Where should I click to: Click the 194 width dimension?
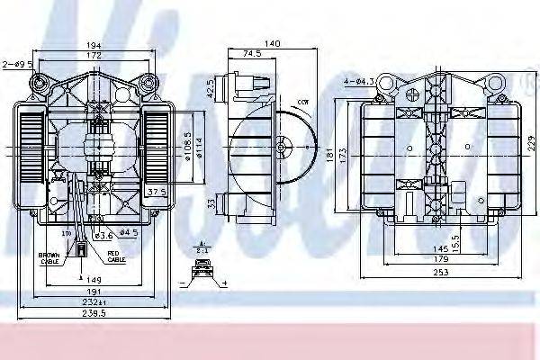pyautogui.click(x=92, y=45)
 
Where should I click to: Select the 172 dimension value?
pyautogui.click(x=92, y=56)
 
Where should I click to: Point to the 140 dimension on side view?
pyautogui.click(x=270, y=42)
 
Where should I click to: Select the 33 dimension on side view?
pyautogui.click(x=211, y=204)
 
